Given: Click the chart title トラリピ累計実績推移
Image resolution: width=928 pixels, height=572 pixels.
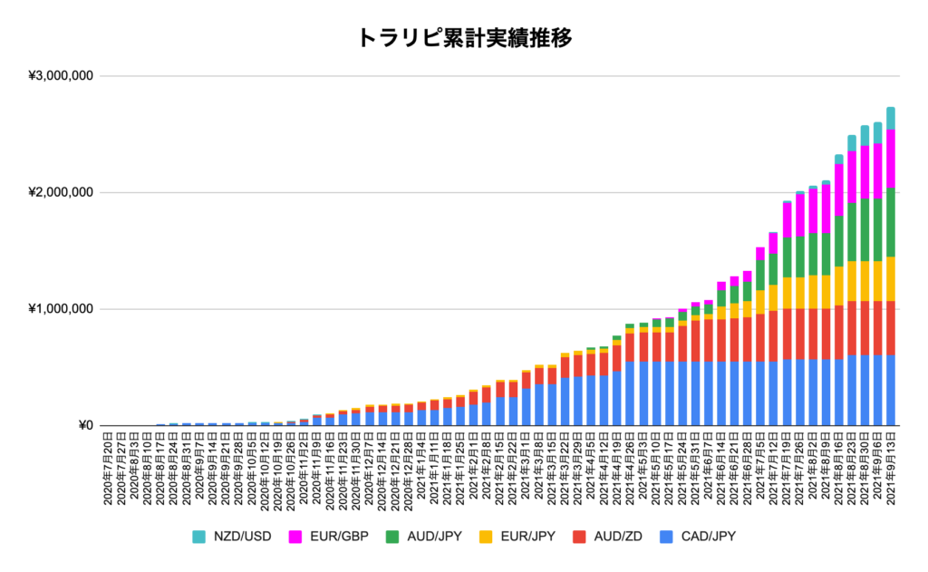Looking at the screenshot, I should point(463,37).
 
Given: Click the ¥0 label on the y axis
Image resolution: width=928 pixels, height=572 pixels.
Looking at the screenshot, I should point(85,426).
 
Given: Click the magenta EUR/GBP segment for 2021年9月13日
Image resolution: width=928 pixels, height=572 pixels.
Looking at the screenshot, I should point(891,159).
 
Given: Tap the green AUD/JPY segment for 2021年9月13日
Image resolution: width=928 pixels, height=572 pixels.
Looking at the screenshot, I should point(891,222).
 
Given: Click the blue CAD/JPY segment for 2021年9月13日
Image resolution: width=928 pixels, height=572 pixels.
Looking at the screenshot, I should point(891,390).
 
